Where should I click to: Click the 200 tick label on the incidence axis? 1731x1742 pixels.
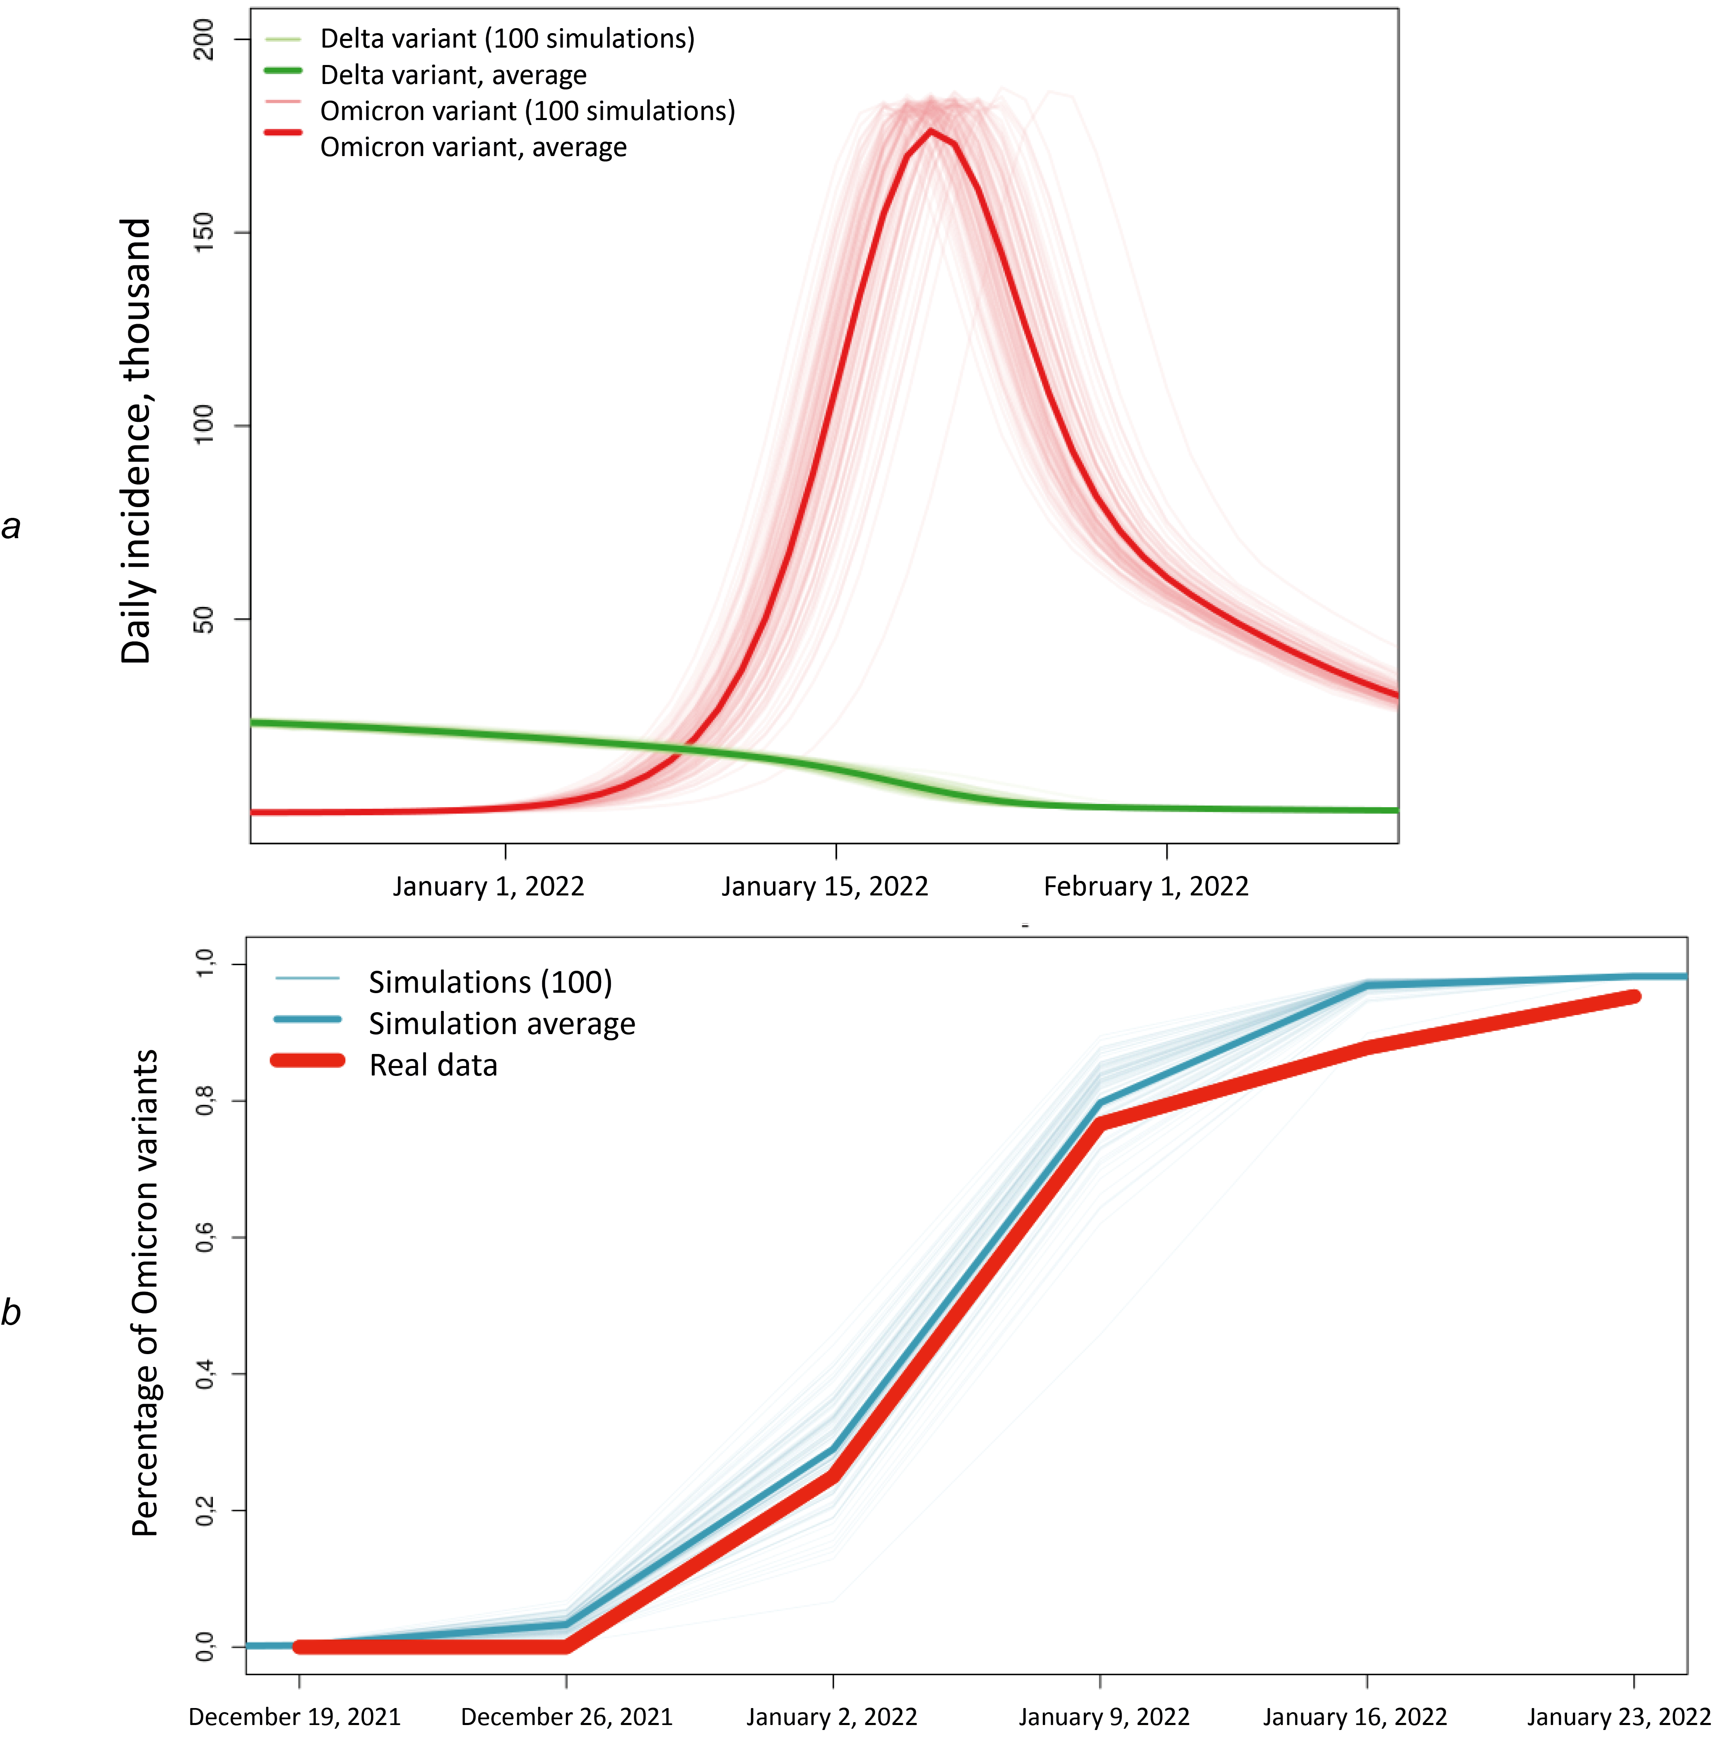pos(205,39)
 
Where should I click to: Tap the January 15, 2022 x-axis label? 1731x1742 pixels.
pos(824,886)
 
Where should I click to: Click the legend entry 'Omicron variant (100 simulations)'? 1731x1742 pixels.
pos(527,111)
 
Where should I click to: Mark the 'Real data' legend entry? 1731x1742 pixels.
pos(433,1065)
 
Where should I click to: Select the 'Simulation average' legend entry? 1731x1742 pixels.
pos(501,1023)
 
